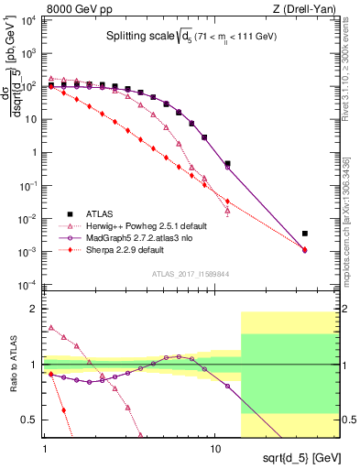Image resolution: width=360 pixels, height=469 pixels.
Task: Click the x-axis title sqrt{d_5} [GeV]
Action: click(x=310, y=455)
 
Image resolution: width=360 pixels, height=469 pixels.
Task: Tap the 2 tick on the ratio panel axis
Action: click(x=35, y=310)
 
